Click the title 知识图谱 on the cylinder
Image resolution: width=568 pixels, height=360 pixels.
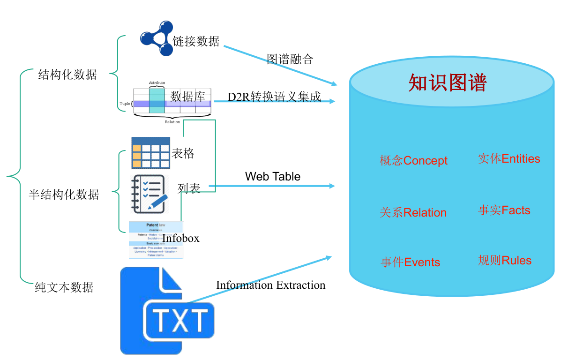click(448, 82)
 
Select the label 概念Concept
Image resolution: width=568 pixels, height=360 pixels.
click(413, 161)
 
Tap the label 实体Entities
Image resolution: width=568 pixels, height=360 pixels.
click(508, 158)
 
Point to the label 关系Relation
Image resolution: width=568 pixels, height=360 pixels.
click(413, 212)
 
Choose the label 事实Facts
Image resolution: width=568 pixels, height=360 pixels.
click(504, 210)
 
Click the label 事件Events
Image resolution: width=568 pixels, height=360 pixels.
click(410, 262)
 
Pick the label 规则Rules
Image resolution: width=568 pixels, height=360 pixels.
click(504, 260)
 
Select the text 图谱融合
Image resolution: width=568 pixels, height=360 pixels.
click(290, 59)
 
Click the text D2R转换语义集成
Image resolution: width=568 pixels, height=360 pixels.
click(274, 97)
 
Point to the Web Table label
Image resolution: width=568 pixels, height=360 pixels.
click(273, 177)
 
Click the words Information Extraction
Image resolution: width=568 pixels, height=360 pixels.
click(270, 285)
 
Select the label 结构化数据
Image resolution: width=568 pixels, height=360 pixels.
click(67, 74)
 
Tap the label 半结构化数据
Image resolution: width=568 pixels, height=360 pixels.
click(64, 195)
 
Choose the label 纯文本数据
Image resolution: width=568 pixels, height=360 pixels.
click(64, 287)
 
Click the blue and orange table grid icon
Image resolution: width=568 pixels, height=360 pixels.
click(150, 153)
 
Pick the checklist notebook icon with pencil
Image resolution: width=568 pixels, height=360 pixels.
click(149, 194)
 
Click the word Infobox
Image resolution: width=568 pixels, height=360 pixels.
click(180, 238)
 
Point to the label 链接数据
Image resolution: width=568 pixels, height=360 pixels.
click(196, 41)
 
